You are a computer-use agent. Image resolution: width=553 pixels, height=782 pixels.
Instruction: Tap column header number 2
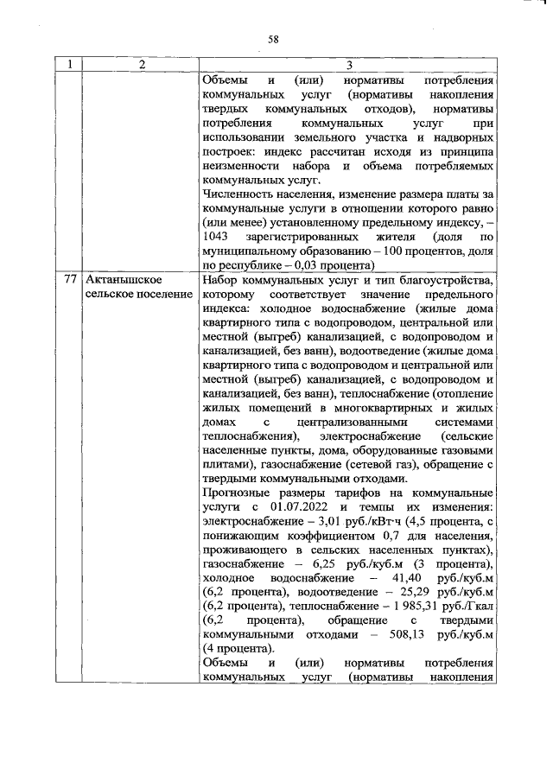pos(142,65)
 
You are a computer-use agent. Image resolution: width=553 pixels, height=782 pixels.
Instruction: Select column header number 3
pos(348,65)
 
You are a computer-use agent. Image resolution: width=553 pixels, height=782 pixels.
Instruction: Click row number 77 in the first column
pos(72,281)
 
